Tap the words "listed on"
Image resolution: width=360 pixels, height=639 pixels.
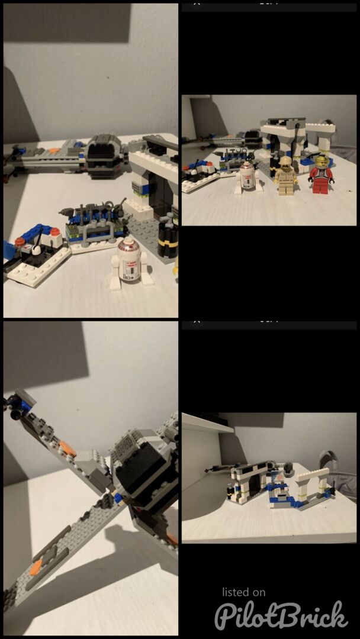243,592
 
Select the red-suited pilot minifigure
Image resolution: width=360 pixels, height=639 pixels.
321,175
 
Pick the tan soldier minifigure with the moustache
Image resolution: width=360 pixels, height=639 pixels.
285,175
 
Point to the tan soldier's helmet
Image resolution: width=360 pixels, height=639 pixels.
285,160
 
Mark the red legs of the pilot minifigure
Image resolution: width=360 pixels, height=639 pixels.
321,187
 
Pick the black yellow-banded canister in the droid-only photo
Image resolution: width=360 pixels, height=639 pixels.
168,238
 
